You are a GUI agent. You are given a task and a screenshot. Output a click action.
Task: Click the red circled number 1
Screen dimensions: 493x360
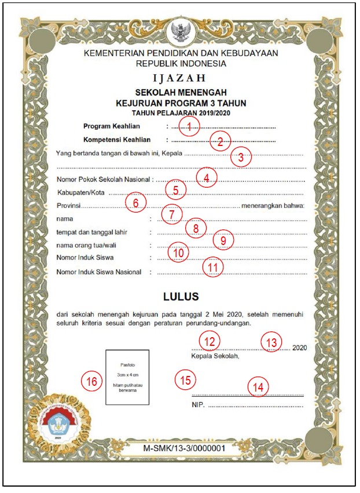[189, 126]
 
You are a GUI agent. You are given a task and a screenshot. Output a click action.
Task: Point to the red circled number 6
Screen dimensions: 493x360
[135, 203]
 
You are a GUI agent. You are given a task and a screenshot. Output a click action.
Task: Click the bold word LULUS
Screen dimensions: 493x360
[181, 297]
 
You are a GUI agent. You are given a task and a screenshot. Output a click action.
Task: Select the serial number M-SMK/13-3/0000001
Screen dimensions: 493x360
[181, 448]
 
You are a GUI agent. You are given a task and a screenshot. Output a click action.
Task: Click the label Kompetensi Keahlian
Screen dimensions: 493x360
[117, 140]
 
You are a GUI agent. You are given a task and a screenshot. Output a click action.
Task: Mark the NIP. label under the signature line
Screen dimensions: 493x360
[197, 404]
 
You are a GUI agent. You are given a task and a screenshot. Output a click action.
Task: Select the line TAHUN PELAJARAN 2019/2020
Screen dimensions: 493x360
[181, 112]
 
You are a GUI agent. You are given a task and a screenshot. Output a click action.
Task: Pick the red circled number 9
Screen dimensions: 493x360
[223, 239]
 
